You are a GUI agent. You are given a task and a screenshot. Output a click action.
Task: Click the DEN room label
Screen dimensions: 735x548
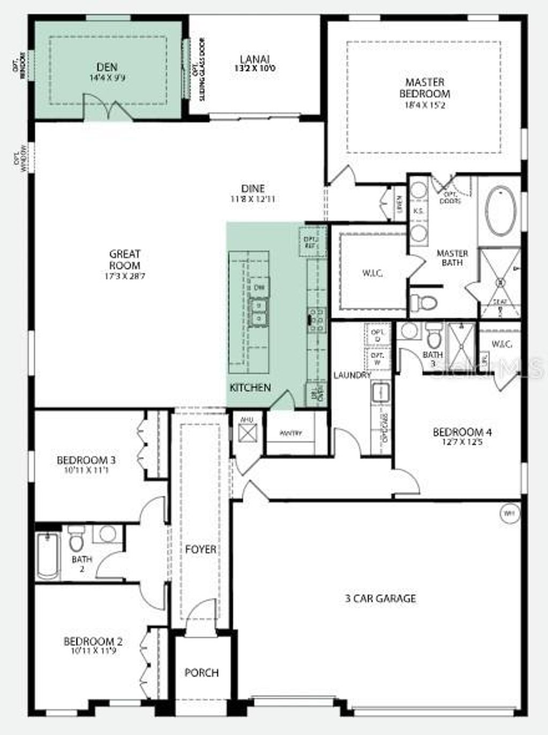pyautogui.click(x=107, y=67)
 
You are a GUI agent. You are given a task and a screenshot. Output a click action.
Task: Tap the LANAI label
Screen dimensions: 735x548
pyautogui.click(x=255, y=59)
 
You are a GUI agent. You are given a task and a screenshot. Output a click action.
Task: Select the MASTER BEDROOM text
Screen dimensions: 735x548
pyautogui.click(x=425, y=88)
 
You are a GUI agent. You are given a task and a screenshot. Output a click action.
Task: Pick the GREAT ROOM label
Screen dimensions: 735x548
pyautogui.click(x=125, y=259)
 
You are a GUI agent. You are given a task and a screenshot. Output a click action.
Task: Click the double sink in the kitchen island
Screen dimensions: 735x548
pyautogui.click(x=260, y=312)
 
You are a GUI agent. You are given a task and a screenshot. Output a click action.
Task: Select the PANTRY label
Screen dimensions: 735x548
pyautogui.click(x=292, y=433)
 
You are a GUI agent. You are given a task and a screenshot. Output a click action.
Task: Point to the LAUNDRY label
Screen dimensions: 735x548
pyautogui.click(x=352, y=375)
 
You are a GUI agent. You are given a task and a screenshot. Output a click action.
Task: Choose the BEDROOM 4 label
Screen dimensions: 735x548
pyautogui.click(x=462, y=432)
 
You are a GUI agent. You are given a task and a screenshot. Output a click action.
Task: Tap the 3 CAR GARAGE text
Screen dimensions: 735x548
pyautogui.click(x=380, y=598)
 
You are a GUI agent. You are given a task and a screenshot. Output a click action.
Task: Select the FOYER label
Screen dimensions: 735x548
pyautogui.click(x=201, y=549)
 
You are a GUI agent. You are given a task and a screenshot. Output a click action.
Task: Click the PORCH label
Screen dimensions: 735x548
pyautogui.click(x=201, y=672)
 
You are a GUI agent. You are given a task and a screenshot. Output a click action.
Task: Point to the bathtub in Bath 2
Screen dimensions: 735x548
pyautogui.click(x=48, y=556)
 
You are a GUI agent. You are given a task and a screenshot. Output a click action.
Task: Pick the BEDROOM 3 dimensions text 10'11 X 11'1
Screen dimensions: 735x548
pyautogui.click(x=86, y=471)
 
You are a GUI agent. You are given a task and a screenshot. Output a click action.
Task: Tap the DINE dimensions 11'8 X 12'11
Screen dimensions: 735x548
pyautogui.click(x=253, y=199)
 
